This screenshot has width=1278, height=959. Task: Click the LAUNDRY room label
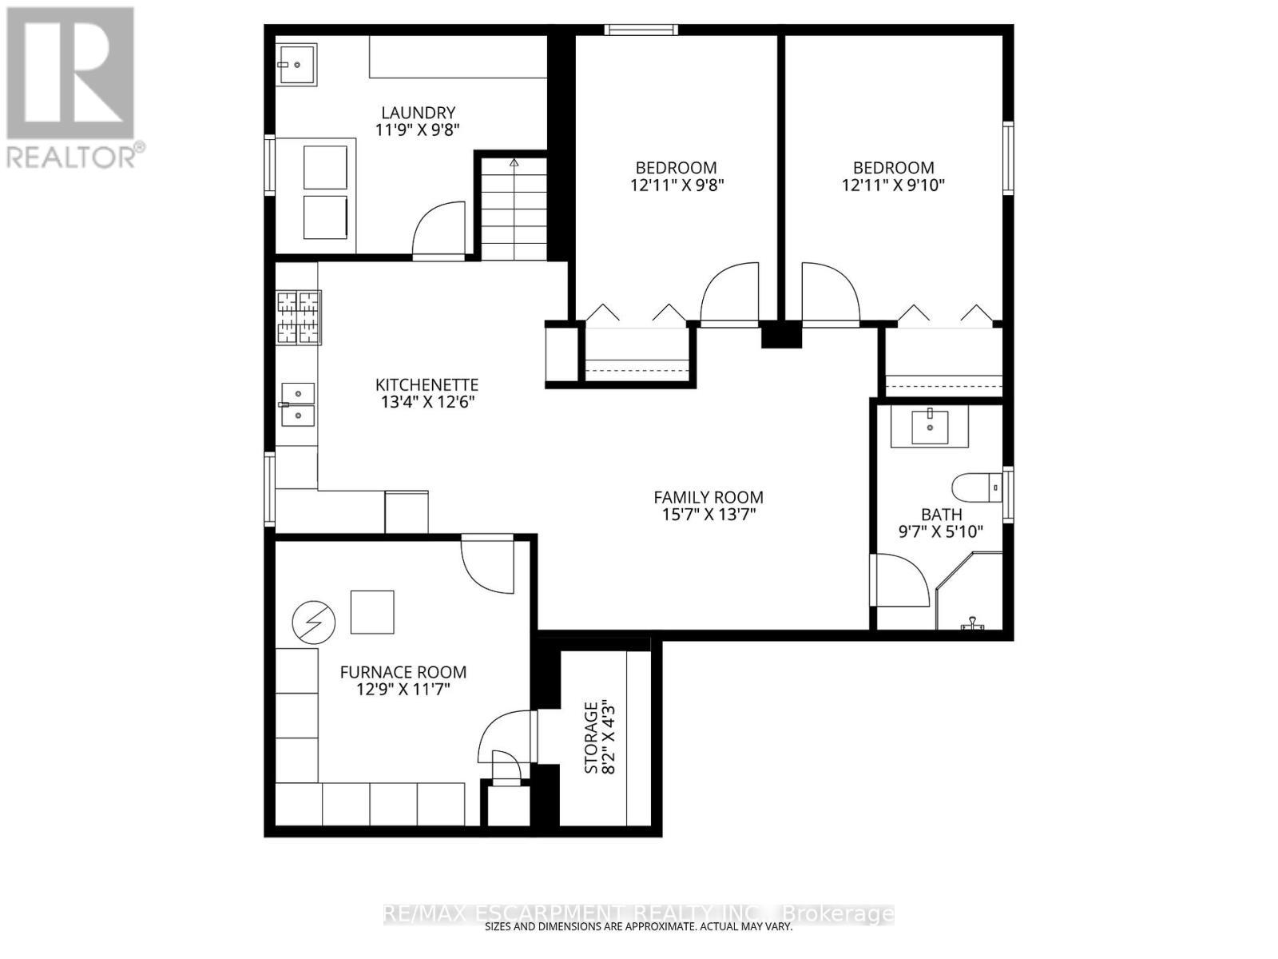(x=418, y=113)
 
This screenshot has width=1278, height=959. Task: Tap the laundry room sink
(x=296, y=64)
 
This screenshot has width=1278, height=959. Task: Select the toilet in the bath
(x=976, y=487)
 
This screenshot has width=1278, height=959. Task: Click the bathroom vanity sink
(x=929, y=427)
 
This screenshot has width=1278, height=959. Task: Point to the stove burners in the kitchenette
(x=299, y=318)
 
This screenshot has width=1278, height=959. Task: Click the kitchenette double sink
(x=297, y=404)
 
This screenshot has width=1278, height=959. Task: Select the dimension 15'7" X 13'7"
(x=708, y=514)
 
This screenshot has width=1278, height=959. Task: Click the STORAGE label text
(x=591, y=737)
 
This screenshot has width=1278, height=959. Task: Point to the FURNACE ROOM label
(x=403, y=672)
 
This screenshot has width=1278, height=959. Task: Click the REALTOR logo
(x=72, y=88)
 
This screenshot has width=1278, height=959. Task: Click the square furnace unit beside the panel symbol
(x=372, y=612)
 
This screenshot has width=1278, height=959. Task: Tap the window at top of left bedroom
(x=641, y=30)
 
